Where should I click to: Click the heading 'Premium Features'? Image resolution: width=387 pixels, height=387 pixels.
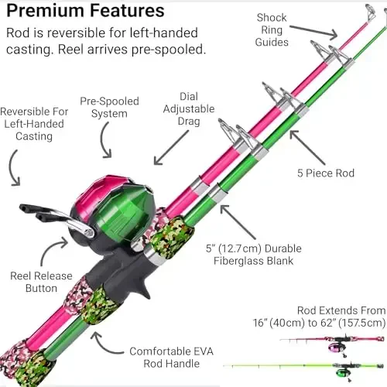coord(85,12)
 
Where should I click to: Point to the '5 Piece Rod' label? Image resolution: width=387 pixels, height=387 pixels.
coord(325,173)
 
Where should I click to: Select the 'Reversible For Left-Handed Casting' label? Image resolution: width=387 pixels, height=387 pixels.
coord(34,124)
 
